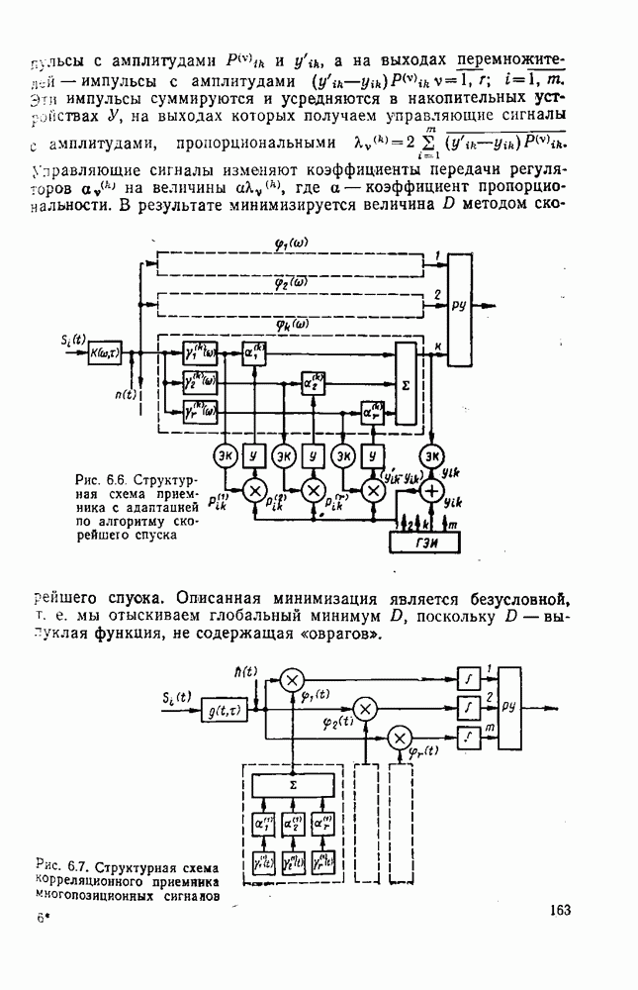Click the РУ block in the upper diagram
[x=459, y=306]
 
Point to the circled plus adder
[x=431, y=490]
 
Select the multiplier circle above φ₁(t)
[x=293, y=679]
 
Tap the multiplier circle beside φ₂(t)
[x=366, y=707]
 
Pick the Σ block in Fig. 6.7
[x=293, y=784]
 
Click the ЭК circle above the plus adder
[x=431, y=455]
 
